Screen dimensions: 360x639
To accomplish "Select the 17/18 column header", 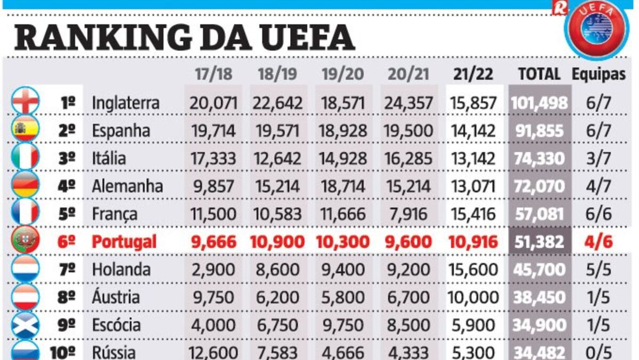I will pyautogui.click(x=213, y=74).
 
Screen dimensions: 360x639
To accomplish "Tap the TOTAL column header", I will pyautogui.click(x=540, y=74).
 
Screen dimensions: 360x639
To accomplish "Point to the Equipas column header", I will pyautogui.click(x=599, y=74).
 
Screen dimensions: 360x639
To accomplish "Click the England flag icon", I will pyautogui.click(x=26, y=102).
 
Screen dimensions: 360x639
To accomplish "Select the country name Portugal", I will pyautogui.click(x=125, y=242).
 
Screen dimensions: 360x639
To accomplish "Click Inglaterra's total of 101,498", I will pyautogui.click(x=539, y=102).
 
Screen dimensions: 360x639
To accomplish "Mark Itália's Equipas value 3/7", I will pyautogui.click(x=599, y=159).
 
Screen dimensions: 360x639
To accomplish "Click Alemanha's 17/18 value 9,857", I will pyautogui.click(x=213, y=186).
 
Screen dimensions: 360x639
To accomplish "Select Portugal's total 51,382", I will pyautogui.click(x=539, y=242).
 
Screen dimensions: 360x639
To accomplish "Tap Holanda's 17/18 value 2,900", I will pyautogui.click(x=213, y=269).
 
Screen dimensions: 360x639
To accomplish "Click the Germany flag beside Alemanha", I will pyautogui.click(x=26, y=185).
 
